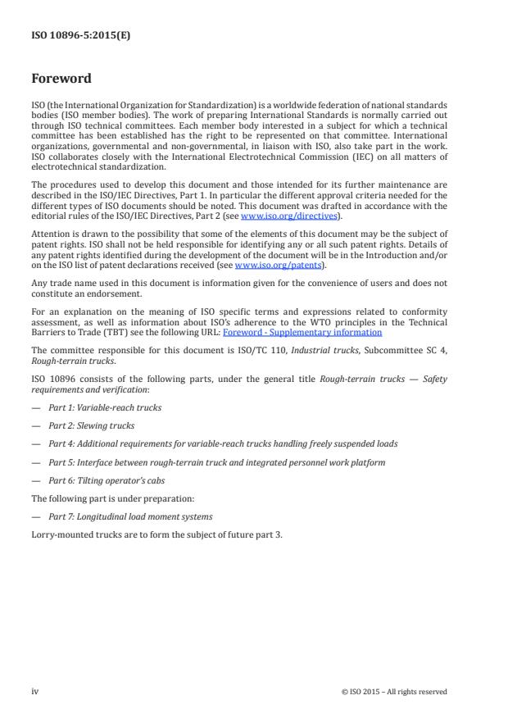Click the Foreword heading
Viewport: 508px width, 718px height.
pos(61,80)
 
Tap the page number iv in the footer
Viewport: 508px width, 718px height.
pos(34,691)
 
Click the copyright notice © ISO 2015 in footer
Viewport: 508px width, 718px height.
pos(394,692)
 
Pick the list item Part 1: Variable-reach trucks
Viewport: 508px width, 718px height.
pos(104,407)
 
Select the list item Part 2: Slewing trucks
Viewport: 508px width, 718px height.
pos(91,425)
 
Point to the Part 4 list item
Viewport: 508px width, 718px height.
pos(222,443)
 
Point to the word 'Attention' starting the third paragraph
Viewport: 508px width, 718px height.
pos(48,234)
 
